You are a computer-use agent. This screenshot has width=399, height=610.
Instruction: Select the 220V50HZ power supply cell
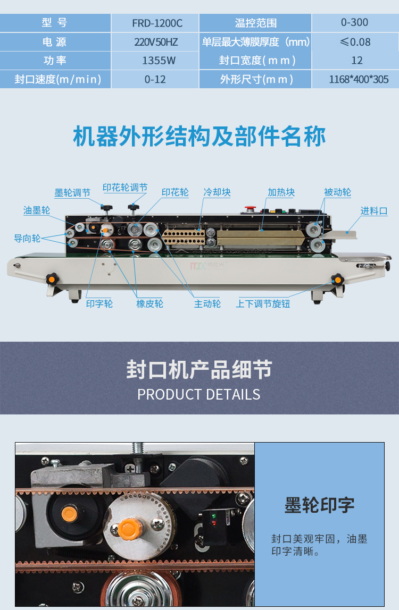pos(156,42)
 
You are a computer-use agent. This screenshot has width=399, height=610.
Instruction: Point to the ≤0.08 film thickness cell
pos(355,42)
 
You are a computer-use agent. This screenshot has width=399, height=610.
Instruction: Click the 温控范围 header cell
pos(255,23)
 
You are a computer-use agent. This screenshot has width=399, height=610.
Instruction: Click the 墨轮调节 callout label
pos(72,192)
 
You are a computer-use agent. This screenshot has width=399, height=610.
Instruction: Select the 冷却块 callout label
pos(217,192)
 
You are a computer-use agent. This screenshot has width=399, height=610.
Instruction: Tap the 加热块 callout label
pos(281,192)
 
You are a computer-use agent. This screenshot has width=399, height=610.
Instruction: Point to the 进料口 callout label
pos(373,211)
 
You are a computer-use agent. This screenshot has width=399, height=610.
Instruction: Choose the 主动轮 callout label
pos(207,304)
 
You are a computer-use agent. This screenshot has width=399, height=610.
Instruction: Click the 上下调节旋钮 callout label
pos(263,304)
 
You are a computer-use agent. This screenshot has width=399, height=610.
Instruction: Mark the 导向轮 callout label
pos(27,238)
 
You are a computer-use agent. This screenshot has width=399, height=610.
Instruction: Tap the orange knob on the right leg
pos(337,279)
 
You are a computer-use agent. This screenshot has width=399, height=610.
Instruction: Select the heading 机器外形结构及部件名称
pos(199,137)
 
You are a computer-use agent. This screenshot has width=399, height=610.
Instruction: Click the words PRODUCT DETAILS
pos(199,394)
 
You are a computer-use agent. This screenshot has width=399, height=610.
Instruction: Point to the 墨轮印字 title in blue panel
pos(320,505)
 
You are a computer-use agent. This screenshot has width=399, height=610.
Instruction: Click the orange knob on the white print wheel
pos(128,529)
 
